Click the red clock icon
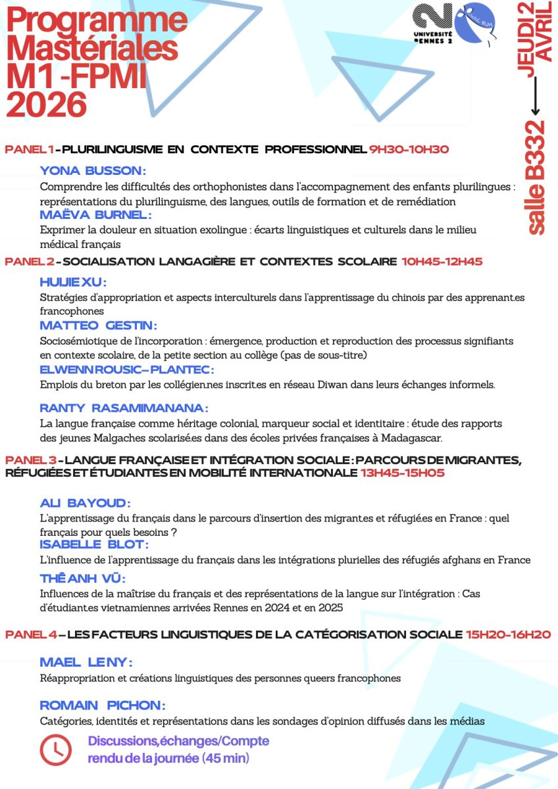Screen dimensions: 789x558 (57, 749)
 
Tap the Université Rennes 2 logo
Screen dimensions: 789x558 (434, 22)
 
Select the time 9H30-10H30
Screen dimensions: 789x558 (409, 149)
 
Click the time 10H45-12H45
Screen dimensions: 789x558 (442, 261)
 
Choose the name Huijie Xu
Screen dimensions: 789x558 (72, 282)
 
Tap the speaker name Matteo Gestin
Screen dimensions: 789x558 (98, 325)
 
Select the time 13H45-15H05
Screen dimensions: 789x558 (402, 473)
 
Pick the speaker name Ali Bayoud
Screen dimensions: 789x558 (85, 503)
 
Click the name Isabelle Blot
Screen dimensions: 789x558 (94, 544)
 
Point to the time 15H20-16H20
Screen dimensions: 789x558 (508, 634)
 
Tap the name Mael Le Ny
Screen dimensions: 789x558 (86, 661)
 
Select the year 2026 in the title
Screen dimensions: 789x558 (47, 104)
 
